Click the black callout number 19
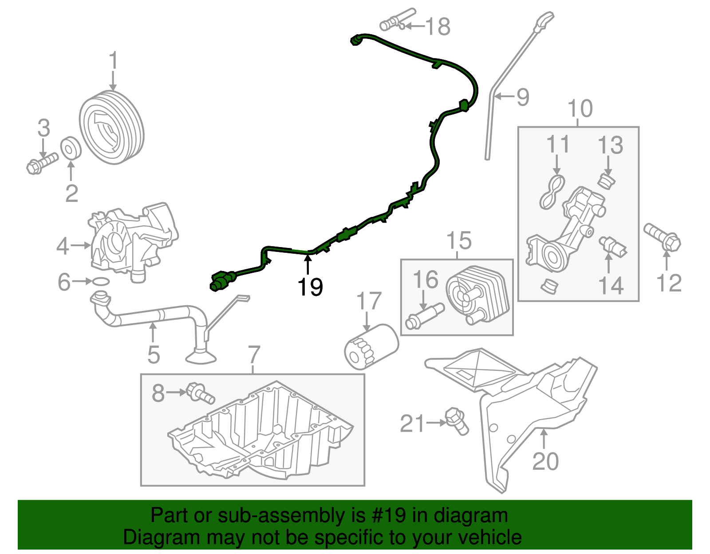[310, 287]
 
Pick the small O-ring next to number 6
[101, 281]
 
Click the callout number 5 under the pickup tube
[154, 354]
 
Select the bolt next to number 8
[200, 393]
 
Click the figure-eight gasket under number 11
[552, 191]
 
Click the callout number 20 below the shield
[545, 461]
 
